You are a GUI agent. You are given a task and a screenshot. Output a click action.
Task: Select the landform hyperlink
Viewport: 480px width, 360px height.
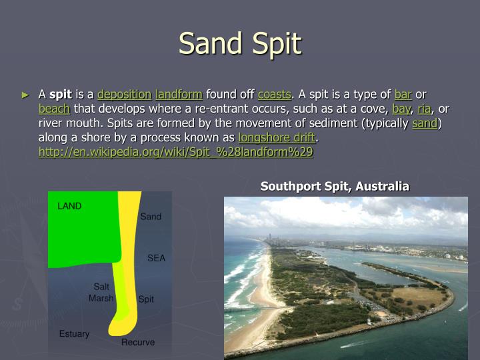pos(179,94)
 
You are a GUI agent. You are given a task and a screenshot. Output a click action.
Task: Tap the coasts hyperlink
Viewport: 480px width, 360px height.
pos(274,94)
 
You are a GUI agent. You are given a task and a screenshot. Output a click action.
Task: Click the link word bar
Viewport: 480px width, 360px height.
pos(403,94)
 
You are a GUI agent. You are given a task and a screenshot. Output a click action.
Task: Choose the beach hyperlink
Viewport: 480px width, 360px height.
pos(54,109)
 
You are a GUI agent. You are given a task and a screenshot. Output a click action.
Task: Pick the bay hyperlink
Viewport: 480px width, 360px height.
pos(401,109)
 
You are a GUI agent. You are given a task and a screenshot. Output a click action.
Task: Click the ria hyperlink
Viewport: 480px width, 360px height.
pos(424,109)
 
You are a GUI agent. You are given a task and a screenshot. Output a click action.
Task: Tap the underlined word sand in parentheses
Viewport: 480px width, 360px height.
pos(425,123)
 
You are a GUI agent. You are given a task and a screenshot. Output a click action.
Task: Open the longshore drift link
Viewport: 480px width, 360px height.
pos(277,138)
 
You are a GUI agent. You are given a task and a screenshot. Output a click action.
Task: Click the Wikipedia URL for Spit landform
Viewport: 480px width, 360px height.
pos(176,152)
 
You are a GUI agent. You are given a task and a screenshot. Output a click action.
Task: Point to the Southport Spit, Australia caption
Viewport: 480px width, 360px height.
pos(335,186)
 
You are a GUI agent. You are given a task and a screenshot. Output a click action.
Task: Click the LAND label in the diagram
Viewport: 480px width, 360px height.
pos(69,206)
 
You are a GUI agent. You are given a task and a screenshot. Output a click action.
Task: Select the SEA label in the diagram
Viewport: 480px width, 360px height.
pos(156,258)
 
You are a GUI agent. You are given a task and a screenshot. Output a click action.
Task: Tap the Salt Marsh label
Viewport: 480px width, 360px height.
pos(101,293)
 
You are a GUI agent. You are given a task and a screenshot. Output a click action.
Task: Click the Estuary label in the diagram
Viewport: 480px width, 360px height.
pos(74,334)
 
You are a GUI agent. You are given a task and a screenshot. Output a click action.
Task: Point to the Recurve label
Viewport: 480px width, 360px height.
pos(138,343)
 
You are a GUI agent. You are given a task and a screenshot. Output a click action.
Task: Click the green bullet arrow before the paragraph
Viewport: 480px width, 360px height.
pos(26,95)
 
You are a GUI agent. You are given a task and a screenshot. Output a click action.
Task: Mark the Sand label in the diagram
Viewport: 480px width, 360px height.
pos(151,217)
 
